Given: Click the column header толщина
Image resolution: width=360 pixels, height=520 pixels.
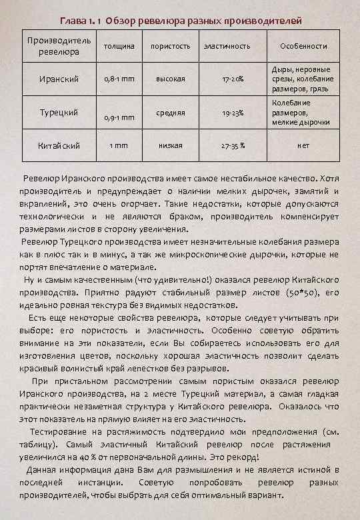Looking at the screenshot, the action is coord(121,46).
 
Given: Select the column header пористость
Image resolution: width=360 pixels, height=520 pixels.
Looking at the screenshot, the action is coord(169,46).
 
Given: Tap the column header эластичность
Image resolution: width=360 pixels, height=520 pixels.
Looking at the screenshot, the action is coord(227,46).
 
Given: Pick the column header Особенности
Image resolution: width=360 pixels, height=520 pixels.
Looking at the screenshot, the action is coord(303,46).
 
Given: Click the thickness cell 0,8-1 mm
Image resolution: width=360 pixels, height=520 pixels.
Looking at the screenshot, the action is coord(121,80).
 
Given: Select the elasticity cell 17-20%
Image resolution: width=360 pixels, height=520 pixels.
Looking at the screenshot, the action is coord(232,80).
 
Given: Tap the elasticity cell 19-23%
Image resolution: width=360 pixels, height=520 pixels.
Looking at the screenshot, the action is coord(232,113).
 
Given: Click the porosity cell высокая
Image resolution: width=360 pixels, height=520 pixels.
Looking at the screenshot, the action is coord(170,80).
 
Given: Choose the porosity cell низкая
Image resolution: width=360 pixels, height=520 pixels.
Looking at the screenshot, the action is coord(170,145).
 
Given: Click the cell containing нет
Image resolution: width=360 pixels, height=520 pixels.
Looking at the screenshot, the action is coord(303,145).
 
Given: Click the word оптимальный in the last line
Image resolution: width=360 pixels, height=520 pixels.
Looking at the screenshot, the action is coord(211,496).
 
